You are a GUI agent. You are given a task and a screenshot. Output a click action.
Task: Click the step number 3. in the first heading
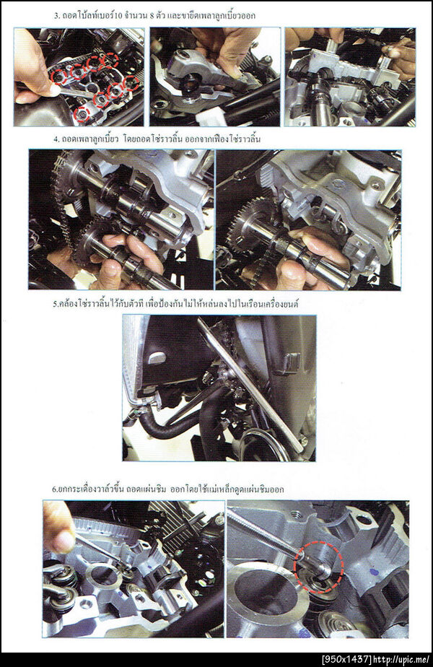(57, 16)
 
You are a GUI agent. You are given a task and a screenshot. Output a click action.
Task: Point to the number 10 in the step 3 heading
(118, 16)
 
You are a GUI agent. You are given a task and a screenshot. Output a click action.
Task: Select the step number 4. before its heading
(56, 139)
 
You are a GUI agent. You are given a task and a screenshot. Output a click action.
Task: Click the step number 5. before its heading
(56, 305)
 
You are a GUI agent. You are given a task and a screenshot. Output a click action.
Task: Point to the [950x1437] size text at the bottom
(347, 660)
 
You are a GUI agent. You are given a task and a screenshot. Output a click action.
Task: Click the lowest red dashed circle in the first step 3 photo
(82, 114)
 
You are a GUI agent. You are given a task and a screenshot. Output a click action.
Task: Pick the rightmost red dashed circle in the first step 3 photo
(132, 82)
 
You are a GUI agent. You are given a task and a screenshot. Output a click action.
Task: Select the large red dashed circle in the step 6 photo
(318, 567)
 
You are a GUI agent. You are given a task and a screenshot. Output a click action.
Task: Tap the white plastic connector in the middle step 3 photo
(211, 116)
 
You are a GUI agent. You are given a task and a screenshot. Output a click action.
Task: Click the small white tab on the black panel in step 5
(156, 357)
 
